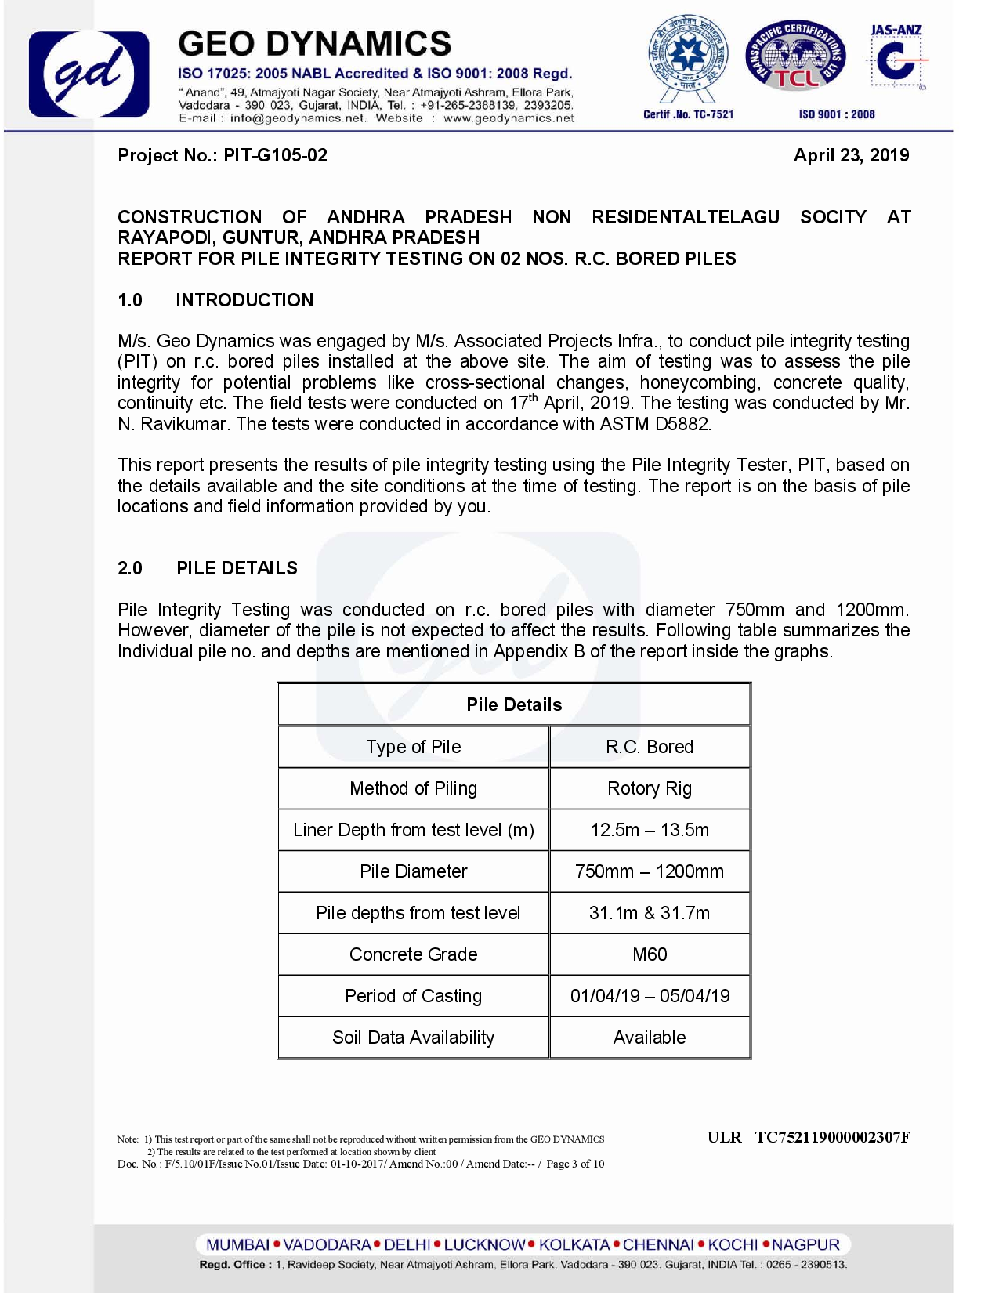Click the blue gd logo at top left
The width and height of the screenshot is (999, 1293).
point(89,74)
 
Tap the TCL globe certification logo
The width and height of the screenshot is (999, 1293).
point(795,56)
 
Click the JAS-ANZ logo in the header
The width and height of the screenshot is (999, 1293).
point(896,58)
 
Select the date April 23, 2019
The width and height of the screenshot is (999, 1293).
point(851,155)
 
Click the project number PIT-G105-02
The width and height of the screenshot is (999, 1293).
point(275,155)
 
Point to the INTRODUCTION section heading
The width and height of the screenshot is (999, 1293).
point(244,300)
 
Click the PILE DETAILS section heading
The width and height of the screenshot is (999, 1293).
point(237,568)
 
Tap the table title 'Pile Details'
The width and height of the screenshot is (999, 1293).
point(514,704)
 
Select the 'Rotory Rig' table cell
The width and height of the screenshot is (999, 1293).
point(650,788)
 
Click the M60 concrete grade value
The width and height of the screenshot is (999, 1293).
point(650,954)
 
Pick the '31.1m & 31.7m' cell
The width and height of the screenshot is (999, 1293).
point(650,913)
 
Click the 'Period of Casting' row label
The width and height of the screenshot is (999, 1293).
point(413,996)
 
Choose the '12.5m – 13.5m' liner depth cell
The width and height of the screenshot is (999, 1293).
point(650,830)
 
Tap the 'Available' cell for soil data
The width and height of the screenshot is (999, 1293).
point(650,1038)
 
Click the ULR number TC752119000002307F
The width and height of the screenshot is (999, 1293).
point(831,1137)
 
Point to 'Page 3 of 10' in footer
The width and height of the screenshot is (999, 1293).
point(575,1164)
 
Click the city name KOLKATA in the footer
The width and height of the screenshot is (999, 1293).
point(574,1244)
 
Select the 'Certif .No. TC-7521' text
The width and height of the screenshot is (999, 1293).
point(688,114)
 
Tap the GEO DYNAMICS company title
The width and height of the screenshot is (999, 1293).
point(314,44)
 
